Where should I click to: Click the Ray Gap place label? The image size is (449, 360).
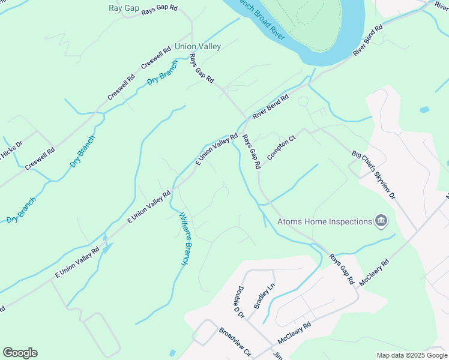(124, 8)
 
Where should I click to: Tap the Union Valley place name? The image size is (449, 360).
(197, 46)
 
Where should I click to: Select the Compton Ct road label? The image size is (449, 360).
(282, 147)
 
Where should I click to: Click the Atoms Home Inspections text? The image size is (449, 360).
(324, 221)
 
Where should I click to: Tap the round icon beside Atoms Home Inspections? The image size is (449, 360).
(381, 221)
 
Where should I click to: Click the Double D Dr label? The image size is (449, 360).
(238, 302)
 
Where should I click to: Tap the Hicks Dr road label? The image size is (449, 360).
(11, 150)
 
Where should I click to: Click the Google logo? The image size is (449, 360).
(20, 353)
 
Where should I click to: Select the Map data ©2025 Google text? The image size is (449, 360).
(412, 355)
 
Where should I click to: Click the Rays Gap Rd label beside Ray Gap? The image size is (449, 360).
(160, 10)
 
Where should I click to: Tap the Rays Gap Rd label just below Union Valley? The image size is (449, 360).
(202, 69)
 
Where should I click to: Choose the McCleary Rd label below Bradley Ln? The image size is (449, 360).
(294, 334)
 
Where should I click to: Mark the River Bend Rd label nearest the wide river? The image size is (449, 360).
(368, 41)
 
